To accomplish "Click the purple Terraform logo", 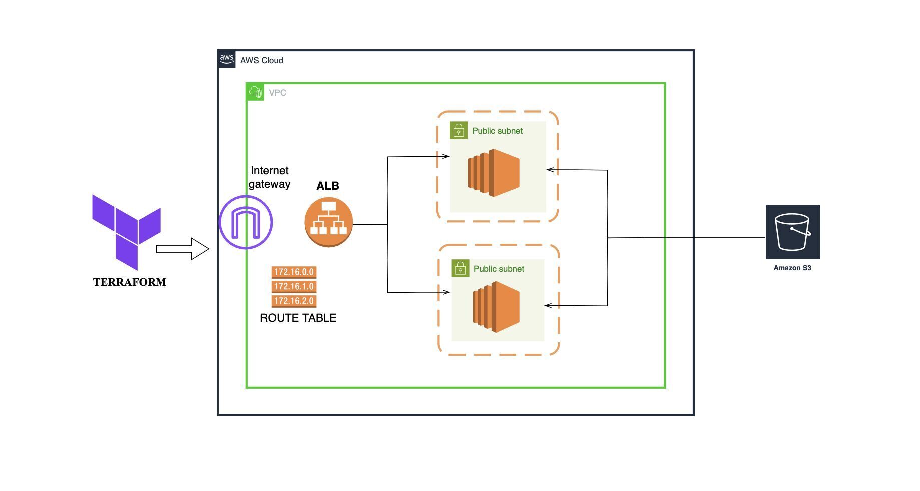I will pos(126,231).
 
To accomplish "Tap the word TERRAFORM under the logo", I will pos(130,282).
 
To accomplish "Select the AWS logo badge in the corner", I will pos(227,59).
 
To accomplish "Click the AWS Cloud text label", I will pos(262,60).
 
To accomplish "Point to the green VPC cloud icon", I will pos(256,92).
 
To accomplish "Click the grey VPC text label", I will pos(277,93).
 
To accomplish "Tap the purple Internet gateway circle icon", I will pos(246,222).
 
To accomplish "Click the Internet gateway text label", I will pos(269,177).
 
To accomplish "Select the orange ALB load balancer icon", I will pos(328,222).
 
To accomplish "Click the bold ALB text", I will pos(328,186).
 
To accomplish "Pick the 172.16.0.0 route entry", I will pos(294,272).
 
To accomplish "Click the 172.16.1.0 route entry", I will pos(294,287).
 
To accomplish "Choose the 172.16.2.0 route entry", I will pos(294,301).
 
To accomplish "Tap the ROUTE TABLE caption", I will pos(298,318).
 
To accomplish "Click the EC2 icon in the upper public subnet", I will pos(494,173).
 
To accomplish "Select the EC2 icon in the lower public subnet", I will pos(496,307).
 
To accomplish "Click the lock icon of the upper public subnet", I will pos(458,130).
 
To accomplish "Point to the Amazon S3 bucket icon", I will pos(792,232).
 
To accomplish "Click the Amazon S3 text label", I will pos(792,268).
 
